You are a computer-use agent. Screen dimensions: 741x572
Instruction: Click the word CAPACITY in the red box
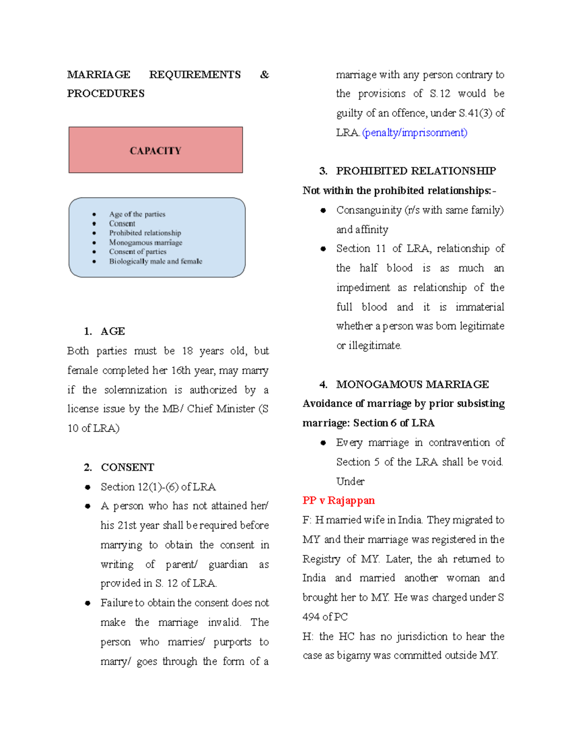pos(155,151)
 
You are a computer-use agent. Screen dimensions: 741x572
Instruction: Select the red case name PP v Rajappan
pos(338,501)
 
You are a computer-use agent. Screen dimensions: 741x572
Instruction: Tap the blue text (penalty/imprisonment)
pos(415,133)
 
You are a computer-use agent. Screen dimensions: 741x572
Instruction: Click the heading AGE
pos(113,331)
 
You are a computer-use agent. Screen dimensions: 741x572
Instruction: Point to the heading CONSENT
pos(127,467)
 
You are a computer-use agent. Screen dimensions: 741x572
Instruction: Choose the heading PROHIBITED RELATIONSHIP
pos(416,171)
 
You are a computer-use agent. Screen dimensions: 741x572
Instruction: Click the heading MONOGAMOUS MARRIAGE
pos(412,384)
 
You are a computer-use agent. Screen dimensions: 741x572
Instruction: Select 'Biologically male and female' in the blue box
pos(155,261)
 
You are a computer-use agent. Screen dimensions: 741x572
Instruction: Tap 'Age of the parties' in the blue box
pos(137,214)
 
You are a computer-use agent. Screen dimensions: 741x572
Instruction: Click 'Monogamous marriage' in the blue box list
pos(145,242)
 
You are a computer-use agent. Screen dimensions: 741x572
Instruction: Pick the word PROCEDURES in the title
pos(106,94)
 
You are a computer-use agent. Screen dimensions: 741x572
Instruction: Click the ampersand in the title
pos(265,75)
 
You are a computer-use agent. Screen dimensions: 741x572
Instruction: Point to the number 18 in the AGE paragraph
pos(187,351)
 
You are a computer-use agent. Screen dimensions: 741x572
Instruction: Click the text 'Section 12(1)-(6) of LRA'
pos(158,487)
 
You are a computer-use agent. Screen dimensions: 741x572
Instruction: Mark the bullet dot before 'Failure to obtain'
pos(88,603)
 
